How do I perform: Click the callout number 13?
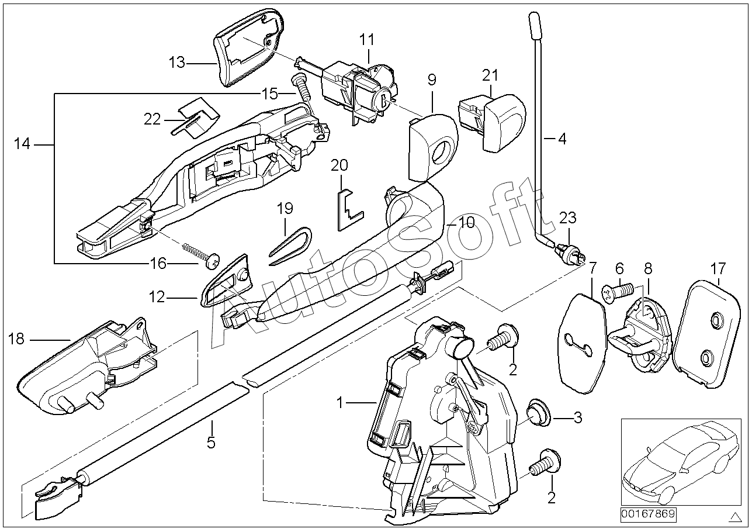coord(177,63)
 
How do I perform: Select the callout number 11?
coord(366,40)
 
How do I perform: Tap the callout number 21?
coord(490,75)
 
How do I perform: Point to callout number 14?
coord(22,144)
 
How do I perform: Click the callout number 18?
coord(16,339)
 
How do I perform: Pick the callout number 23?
coord(568,218)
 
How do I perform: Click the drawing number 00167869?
coord(648,514)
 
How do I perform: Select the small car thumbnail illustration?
coord(681,463)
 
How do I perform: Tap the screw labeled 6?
coord(618,291)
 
